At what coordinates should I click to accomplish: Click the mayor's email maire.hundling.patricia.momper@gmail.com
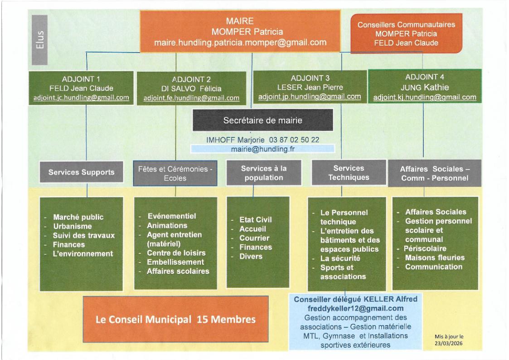tap(241, 43)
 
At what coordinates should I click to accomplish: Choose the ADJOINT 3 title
tap(310, 78)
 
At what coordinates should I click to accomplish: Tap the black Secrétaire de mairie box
tap(262, 121)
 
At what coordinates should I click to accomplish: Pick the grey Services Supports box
tap(82, 172)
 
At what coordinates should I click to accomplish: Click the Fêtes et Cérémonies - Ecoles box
tap(175, 174)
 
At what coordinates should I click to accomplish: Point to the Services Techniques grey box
tap(348, 173)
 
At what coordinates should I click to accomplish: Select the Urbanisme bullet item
tap(73, 226)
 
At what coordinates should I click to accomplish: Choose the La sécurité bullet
tap(339, 258)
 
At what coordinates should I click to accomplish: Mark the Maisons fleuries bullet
tap(435, 258)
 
